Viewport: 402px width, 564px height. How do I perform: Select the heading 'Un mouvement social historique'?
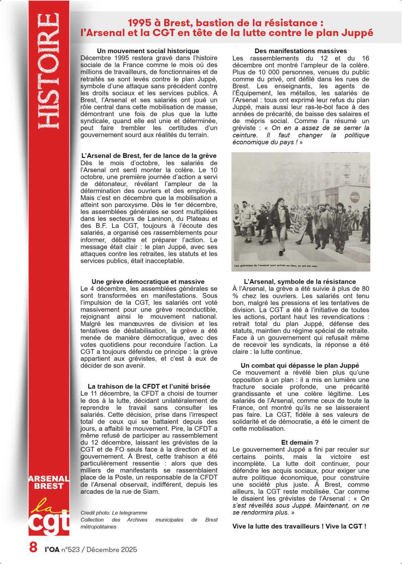pos(148,51)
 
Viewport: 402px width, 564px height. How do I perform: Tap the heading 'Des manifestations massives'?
pos(300,51)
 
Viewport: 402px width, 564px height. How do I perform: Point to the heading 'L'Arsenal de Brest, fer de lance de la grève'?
pos(149,156)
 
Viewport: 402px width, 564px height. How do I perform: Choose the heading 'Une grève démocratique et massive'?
pos(148,282)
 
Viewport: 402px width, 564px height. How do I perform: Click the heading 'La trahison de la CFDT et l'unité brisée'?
pos(149,386)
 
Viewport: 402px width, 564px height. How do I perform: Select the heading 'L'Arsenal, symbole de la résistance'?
pos(300,282)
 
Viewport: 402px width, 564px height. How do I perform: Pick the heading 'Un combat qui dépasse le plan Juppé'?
pos(300,366)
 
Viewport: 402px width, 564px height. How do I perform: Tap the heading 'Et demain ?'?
pos(300,442)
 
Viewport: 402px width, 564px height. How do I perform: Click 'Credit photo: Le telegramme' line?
pos(114,512)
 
